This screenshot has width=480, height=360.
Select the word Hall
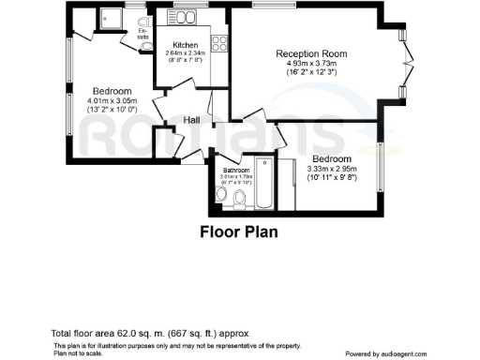191,120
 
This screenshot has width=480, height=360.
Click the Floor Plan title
239,231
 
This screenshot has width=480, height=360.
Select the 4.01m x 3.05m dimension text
112,100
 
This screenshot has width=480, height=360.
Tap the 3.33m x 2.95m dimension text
332,169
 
